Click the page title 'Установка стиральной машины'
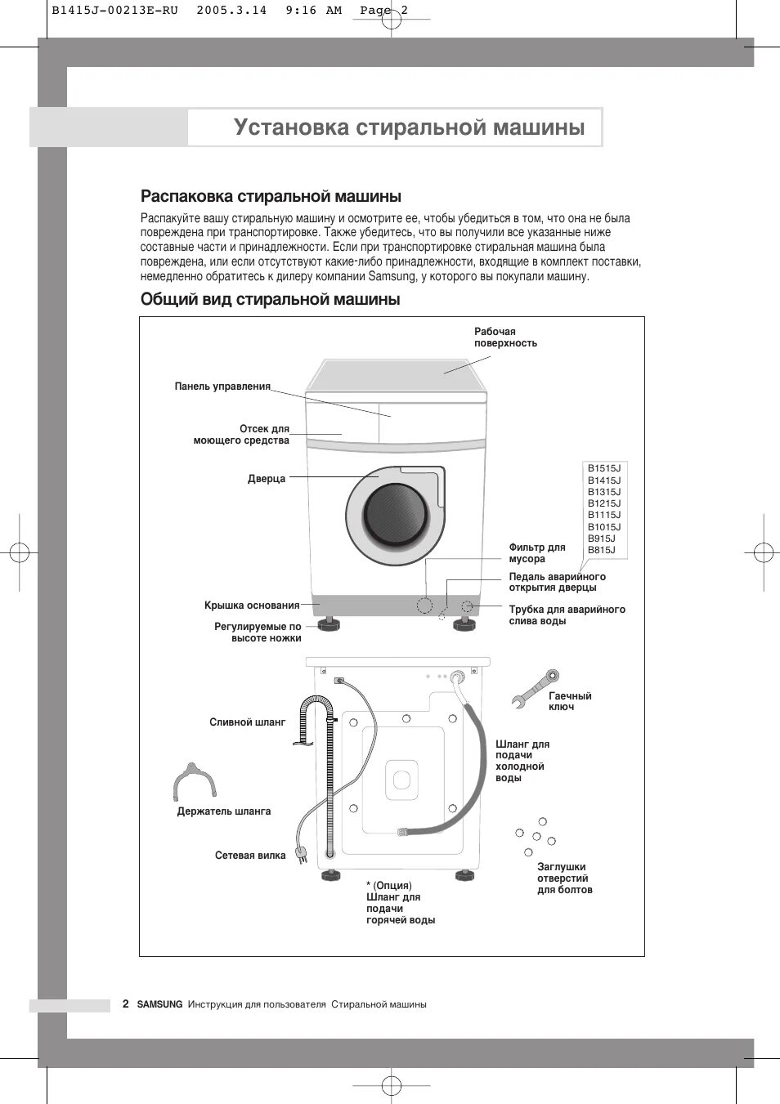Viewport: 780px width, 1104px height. tap(409, 127)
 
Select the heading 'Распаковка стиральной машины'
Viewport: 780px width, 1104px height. tap(271, 196)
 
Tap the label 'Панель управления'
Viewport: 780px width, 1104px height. tap(222, 387)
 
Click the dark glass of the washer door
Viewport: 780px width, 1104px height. tap(396, 515)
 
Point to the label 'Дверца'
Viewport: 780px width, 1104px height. tap(267, 479)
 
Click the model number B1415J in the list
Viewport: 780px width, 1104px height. tap(603, 480)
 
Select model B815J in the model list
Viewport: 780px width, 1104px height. tap(601, 550)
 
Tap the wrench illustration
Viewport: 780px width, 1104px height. tap(535, 688)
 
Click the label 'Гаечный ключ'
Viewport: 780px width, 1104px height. tap(570, 701)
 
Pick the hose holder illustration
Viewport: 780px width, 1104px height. tap(195, 781)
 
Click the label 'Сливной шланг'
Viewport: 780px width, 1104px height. tap(248, 722)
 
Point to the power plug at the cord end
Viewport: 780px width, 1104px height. tap(303, 855)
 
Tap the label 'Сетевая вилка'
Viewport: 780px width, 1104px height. tap(250, 856)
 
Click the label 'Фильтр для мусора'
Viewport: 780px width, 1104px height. tap(537, 553)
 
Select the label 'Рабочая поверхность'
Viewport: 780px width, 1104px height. tap(505, 337)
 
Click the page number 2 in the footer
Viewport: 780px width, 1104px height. tap(125, 1003)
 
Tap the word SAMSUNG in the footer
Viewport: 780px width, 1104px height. tap(159, 1004)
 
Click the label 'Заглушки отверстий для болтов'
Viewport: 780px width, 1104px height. tap(564, 878)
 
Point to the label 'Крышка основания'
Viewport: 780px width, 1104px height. tap(252, 606)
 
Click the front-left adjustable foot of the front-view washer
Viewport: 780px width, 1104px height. tap(329, 624)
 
